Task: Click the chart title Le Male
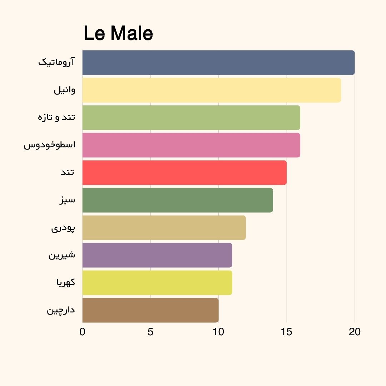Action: [118, 34]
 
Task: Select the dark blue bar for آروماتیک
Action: [218, 63]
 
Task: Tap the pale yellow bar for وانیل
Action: [212, 90]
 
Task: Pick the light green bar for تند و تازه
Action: [191, 118]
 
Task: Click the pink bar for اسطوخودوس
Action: [191, 145]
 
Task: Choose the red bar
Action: [184, 173]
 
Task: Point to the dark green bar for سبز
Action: [178, 200]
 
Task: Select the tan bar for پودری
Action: [164, 228]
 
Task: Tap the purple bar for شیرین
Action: [157, 255]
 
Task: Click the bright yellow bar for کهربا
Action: [157, 283]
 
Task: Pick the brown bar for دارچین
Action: [150, 310]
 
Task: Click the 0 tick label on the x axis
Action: [83, 332]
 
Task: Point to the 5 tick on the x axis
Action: [150, 332]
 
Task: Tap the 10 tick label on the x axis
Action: [218, 332]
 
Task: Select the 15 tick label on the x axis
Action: [287, 332]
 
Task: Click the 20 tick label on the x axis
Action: [355, 332]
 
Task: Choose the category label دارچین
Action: [61, 310]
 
